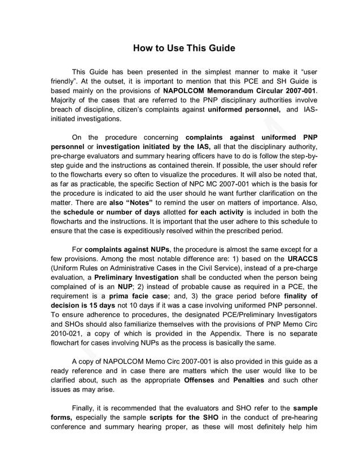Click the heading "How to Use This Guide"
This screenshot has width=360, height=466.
pyautogui.click(x=183, y=48)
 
